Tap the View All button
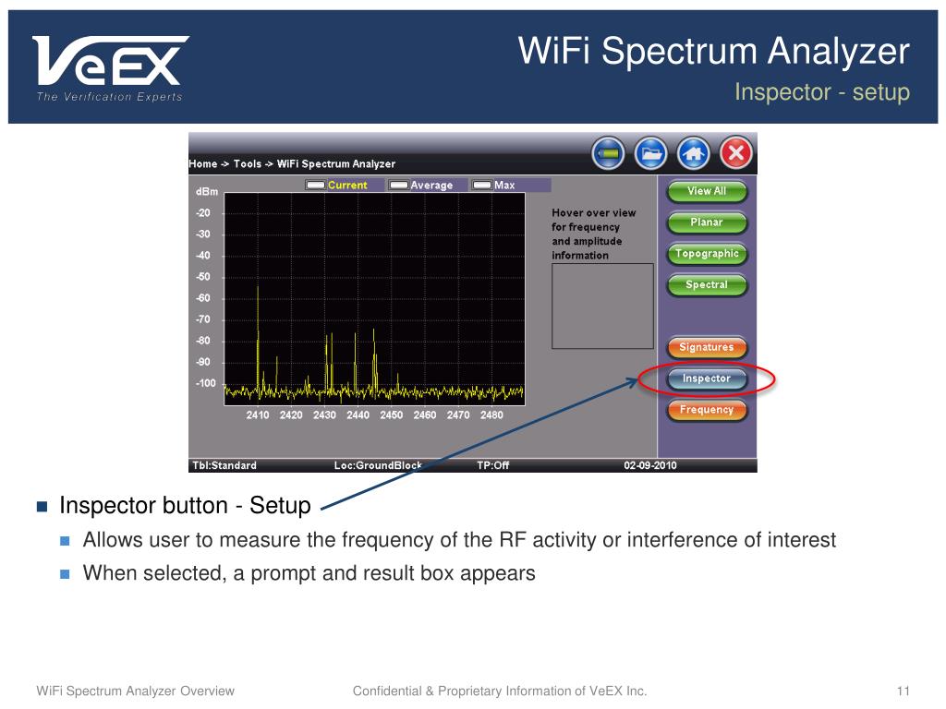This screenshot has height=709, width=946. tap(706, 191)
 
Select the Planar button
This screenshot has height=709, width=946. tap(706, 222)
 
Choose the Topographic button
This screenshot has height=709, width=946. tap(706, 254)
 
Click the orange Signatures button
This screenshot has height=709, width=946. tap(706, 348)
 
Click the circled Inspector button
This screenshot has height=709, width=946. tap(706, 379)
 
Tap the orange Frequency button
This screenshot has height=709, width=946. tap(706, 410)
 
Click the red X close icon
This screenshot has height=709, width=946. tap(735, 153)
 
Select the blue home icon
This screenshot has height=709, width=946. tap(693, 153)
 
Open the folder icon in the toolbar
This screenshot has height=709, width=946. tap(651, 153)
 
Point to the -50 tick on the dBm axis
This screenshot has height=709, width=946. tap(203, 277)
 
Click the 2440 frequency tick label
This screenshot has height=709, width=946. tap(358, 415)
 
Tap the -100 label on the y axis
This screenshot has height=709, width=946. tap(205, 383)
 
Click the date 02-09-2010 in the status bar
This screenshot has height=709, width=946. tap(650, 465)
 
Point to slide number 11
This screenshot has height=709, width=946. tap(904, 691)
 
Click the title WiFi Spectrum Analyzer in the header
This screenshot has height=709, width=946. tap(714, 52)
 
